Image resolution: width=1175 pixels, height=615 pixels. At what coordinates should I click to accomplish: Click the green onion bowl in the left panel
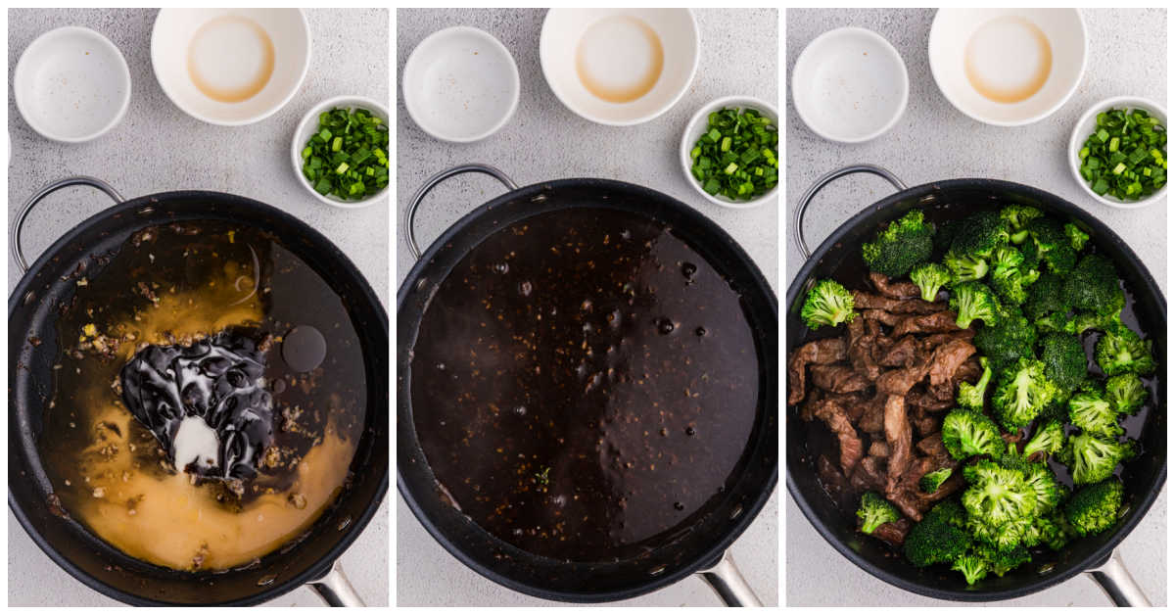point(344,152)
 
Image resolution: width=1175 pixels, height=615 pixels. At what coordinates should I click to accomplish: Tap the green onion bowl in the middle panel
point(732,152)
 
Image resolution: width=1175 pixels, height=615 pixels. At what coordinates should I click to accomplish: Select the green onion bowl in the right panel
point(1121,152)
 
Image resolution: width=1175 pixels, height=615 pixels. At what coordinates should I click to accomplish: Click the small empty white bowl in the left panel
point(71,83)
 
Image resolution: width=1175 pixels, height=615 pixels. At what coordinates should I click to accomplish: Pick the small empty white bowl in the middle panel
point(460,83)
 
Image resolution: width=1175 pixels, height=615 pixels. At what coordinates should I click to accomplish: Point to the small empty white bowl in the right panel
point(849,83)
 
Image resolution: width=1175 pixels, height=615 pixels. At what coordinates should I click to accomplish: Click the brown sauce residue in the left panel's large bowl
point(231,59)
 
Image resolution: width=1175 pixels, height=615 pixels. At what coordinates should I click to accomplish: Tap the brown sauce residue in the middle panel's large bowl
point(619,59)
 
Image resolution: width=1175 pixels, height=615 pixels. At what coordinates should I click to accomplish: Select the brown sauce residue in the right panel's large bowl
point(1008,59)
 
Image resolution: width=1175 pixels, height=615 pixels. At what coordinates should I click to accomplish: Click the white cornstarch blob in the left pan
point(196,444)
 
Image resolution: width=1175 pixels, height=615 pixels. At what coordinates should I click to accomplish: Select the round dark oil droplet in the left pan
point(304,348)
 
